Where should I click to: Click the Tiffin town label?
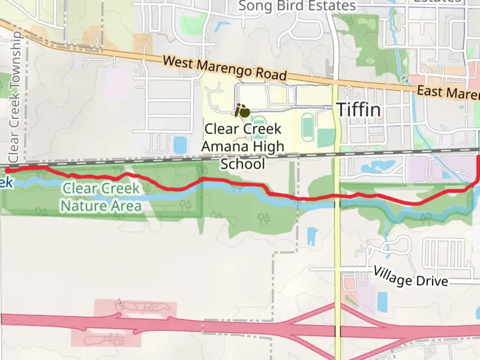(x=358, y=110)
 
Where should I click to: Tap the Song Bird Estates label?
(x=297, y=6)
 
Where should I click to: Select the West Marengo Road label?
(x=225, y=69)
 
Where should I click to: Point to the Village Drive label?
(x=410, y=277)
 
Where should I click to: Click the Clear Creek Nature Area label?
(x=101, y=197)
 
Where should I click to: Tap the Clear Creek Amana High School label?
(x=243, y=146)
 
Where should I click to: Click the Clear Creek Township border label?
(x=14, y=97)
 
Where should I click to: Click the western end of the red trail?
(x=7, y=171)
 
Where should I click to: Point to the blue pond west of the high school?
(x=180, y=145)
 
